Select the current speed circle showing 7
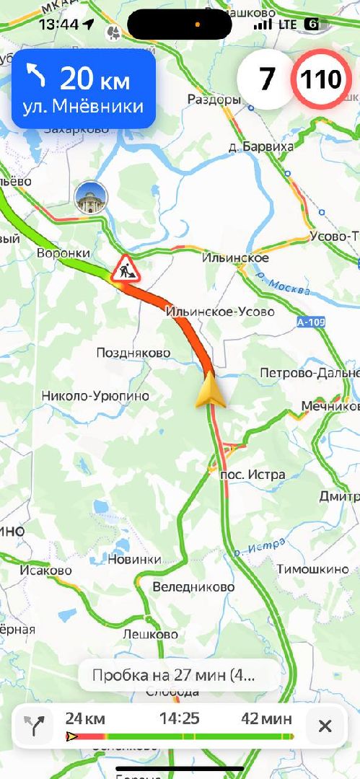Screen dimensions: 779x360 point(266,80)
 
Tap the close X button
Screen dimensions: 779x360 point(325,726)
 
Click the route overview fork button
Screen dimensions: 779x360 point(34,726)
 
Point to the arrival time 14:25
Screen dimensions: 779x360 point(179,718)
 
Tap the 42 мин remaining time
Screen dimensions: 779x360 point(267,718)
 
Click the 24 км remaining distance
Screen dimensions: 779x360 point(85,718)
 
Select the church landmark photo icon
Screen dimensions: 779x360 point(91,197)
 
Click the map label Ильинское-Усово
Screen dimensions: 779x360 point(220,312)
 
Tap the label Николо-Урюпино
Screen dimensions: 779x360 point(95,395)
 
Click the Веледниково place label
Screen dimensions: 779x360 point(193,587)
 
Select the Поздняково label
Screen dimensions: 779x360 point(133,353)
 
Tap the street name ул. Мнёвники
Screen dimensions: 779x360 point(83,107)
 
